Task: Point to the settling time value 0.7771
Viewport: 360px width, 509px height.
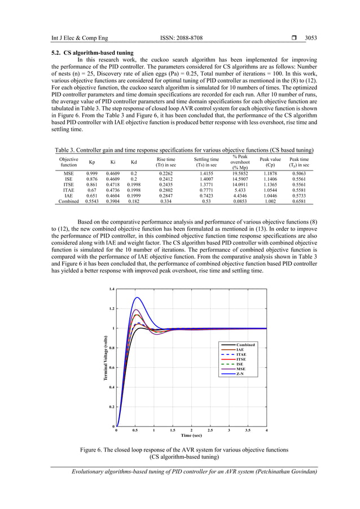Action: point(203,187)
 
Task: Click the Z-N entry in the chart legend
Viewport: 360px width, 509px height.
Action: point(240,374)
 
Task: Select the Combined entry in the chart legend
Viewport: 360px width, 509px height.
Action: point(245,344)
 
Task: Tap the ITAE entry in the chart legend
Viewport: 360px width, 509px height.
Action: point(241,354)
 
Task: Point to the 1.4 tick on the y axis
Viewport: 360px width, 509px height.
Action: point(112,289)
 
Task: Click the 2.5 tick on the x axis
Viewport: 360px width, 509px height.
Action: point(210,431)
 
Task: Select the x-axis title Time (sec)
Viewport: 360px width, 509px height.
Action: point(191,436)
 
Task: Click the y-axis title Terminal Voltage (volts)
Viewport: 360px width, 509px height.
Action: point(106,359)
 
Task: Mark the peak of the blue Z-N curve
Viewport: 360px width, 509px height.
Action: point(137,297)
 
